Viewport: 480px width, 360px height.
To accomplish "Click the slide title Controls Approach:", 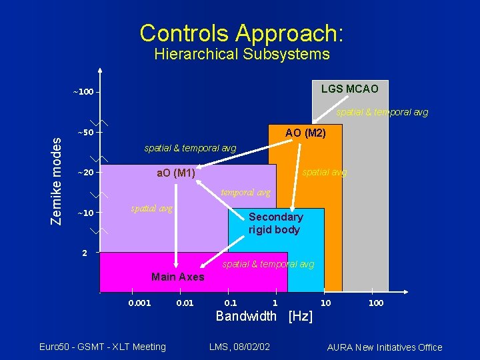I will [241, 33].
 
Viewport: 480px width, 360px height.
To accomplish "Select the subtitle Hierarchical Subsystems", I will [241, 55].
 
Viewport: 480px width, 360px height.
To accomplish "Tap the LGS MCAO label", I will [349, 89].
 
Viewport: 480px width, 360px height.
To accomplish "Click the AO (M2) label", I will [305, 133].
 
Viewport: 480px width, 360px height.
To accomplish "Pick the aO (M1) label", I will [175, 174].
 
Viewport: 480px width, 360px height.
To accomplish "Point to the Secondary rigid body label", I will [275, 223].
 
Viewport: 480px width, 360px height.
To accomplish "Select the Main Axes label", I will [178, 277].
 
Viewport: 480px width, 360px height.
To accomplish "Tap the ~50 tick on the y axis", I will [84, 132].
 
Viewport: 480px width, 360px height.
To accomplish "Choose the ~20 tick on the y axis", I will [84, 173].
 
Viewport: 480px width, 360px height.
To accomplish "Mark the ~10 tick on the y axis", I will [84, 213].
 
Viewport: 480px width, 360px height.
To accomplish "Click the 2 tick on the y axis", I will [85, 253].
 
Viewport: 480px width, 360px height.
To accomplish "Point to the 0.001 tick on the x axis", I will [139, 303].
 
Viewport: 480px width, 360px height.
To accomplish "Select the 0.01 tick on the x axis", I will [185, 303].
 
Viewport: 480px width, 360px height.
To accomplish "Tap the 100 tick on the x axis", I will [376, 303].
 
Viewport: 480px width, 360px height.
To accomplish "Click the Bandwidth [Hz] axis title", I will [264, 316].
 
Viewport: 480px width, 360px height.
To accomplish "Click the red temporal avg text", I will [245, 193].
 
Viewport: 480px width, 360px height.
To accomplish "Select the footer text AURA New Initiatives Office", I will [384, 347].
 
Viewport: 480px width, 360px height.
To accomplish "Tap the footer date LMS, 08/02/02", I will [239, 347].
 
